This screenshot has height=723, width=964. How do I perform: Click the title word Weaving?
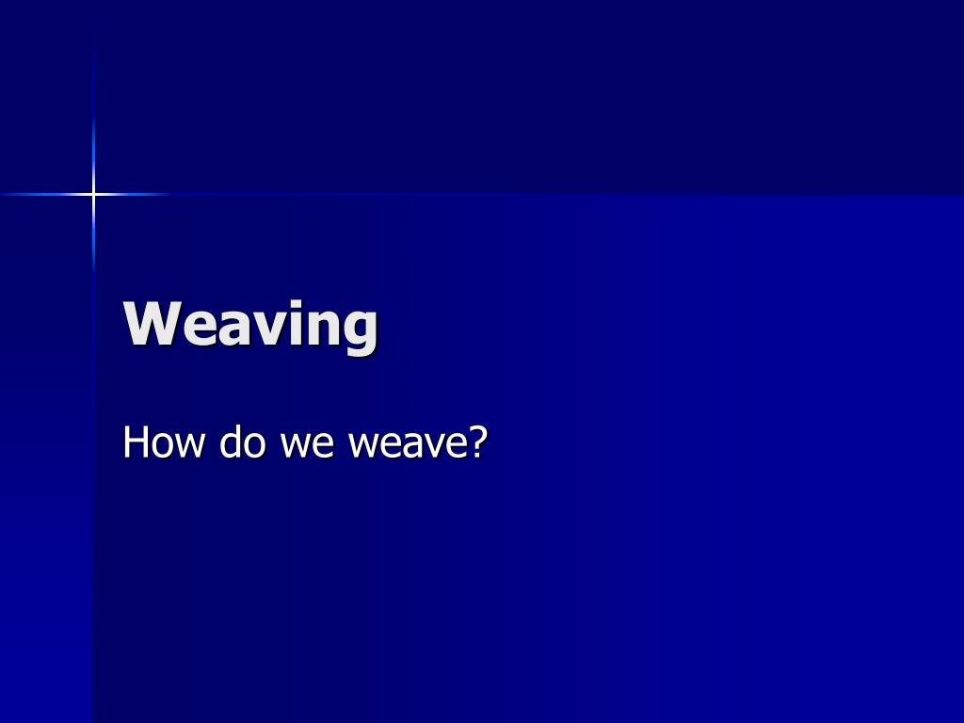click(x=250, y=326)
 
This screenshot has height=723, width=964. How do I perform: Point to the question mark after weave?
click(x=477, y=441)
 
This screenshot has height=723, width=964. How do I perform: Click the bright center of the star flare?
click(x=93, y=194)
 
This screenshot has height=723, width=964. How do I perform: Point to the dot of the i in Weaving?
click(x=297, y=303)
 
